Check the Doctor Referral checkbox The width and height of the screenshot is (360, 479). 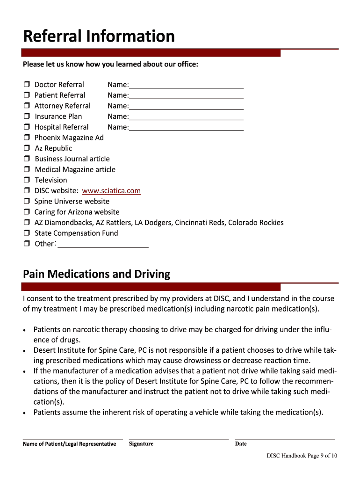coord(26,85)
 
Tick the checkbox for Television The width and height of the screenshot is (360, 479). coord(26,180)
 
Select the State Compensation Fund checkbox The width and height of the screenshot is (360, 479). coord(26,233)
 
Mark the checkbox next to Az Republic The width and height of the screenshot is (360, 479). coord(26,148)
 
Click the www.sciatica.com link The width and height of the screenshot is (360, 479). coord(111,191)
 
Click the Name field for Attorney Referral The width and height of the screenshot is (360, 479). coord(186,107)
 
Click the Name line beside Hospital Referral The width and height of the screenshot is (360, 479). coord(186,128)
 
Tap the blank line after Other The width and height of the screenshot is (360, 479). coord(103,245)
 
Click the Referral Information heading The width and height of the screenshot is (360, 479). coord(99,36)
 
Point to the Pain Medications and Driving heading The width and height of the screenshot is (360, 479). coord(96,274)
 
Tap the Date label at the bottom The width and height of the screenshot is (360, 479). coord(241,444)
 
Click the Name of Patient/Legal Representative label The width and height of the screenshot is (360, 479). coord(69,444)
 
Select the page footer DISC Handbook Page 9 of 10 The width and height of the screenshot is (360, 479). coord(302,456)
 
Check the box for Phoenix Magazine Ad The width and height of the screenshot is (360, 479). coord(26,138)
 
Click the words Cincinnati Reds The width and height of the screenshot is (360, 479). coord(200,223)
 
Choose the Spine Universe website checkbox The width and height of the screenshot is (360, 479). coord(26,202)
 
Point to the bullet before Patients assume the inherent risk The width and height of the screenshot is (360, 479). coord(24,413)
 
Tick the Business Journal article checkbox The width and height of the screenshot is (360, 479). coord(26,159)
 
